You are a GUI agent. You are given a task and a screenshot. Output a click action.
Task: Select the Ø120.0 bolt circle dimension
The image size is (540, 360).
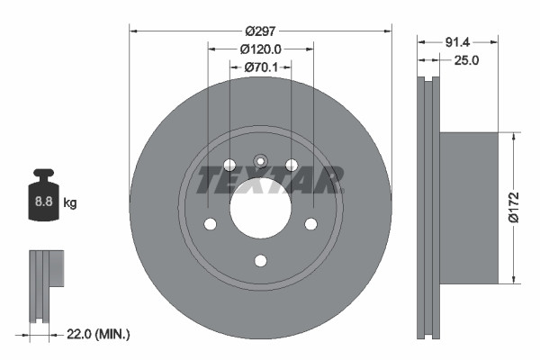tap(261, 49)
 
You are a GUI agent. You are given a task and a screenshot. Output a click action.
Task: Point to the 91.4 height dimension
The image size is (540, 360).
tap(459, 41)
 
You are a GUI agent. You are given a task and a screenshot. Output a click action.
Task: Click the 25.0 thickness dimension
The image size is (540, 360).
tap(464, 60)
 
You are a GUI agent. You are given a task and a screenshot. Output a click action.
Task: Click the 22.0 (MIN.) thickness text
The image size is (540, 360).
tap(99, 334)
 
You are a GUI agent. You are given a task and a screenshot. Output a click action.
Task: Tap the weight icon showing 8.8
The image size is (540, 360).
tap(42, 200)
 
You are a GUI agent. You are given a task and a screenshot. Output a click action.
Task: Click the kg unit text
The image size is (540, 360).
tap(70, 203)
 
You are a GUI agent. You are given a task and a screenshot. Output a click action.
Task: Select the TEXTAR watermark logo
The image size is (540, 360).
tap(269, 180)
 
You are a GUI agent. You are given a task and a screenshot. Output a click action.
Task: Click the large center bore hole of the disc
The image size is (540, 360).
tap(260, 207)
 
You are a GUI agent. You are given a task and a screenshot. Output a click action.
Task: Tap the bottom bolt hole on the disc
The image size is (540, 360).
tap(260, 261)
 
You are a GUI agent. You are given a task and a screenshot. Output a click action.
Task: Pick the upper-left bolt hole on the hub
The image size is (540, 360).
tap(229, 165)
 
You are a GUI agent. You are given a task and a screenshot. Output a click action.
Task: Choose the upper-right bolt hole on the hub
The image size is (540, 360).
tap(292, 165)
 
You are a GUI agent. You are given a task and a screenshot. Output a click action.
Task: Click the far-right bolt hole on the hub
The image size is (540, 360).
tap(311, 224)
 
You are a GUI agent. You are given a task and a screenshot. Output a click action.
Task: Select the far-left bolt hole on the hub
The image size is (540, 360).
tap(210, 224)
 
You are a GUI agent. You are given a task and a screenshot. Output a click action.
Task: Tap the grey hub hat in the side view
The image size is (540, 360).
tap(468, 207)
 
